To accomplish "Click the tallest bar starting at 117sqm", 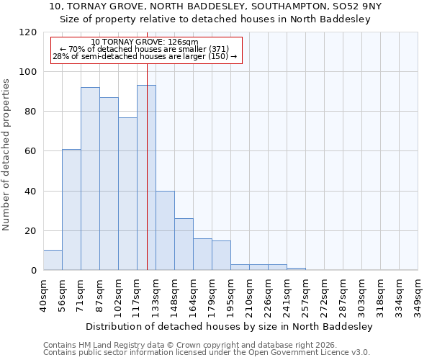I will pos(146,178).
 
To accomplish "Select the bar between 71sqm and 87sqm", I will pos(90,179).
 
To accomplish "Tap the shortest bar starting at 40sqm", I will pos(53,261).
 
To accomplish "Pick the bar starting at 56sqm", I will pos(71,210).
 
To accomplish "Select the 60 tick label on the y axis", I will pos(30,151).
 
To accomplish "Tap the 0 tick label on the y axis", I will pos(33,271).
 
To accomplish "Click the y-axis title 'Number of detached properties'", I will pos(6,155).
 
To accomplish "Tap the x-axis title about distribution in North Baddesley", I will pos(228,326).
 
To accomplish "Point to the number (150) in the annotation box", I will pos(218,56).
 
